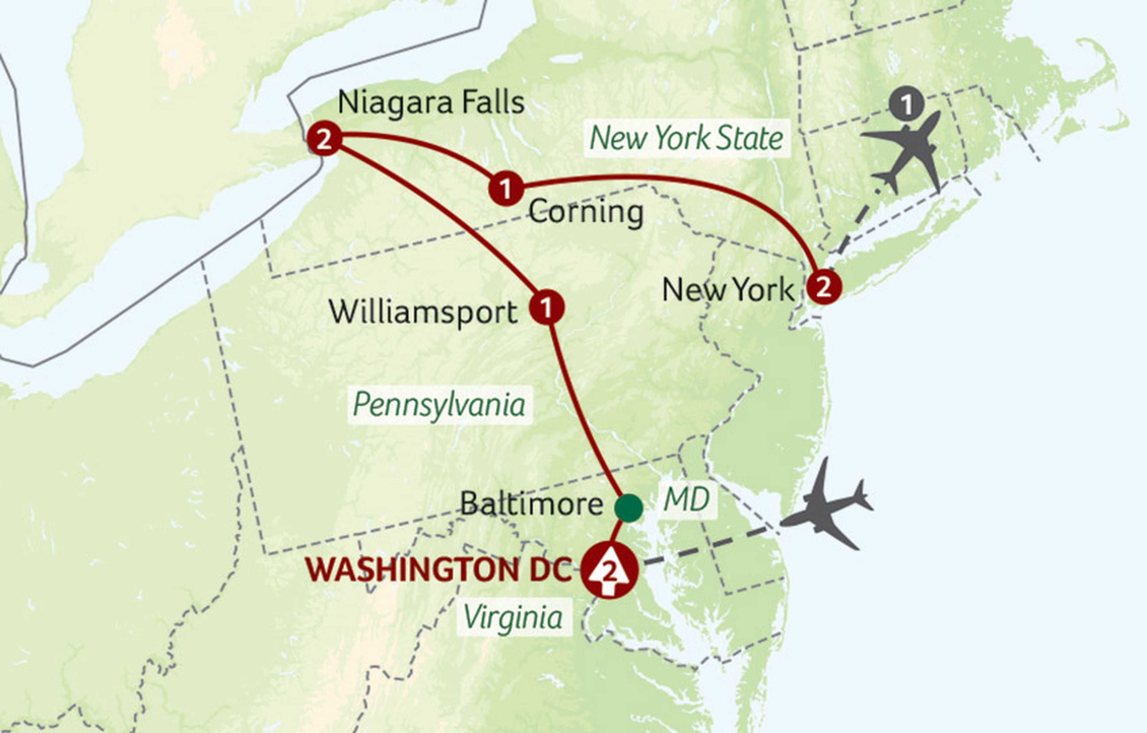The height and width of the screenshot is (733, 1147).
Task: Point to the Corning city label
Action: click(585, 212)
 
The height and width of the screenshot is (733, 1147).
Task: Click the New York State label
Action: click(686, 138)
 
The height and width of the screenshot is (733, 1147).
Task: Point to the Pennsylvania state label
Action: click(439, 405)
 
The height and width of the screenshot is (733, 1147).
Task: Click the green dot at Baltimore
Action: click(628, 508)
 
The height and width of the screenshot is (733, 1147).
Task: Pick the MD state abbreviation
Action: click(687, 500)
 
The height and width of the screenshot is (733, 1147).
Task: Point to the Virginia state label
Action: click(513, 618)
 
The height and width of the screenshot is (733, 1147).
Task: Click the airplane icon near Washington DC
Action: click(827, 506)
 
